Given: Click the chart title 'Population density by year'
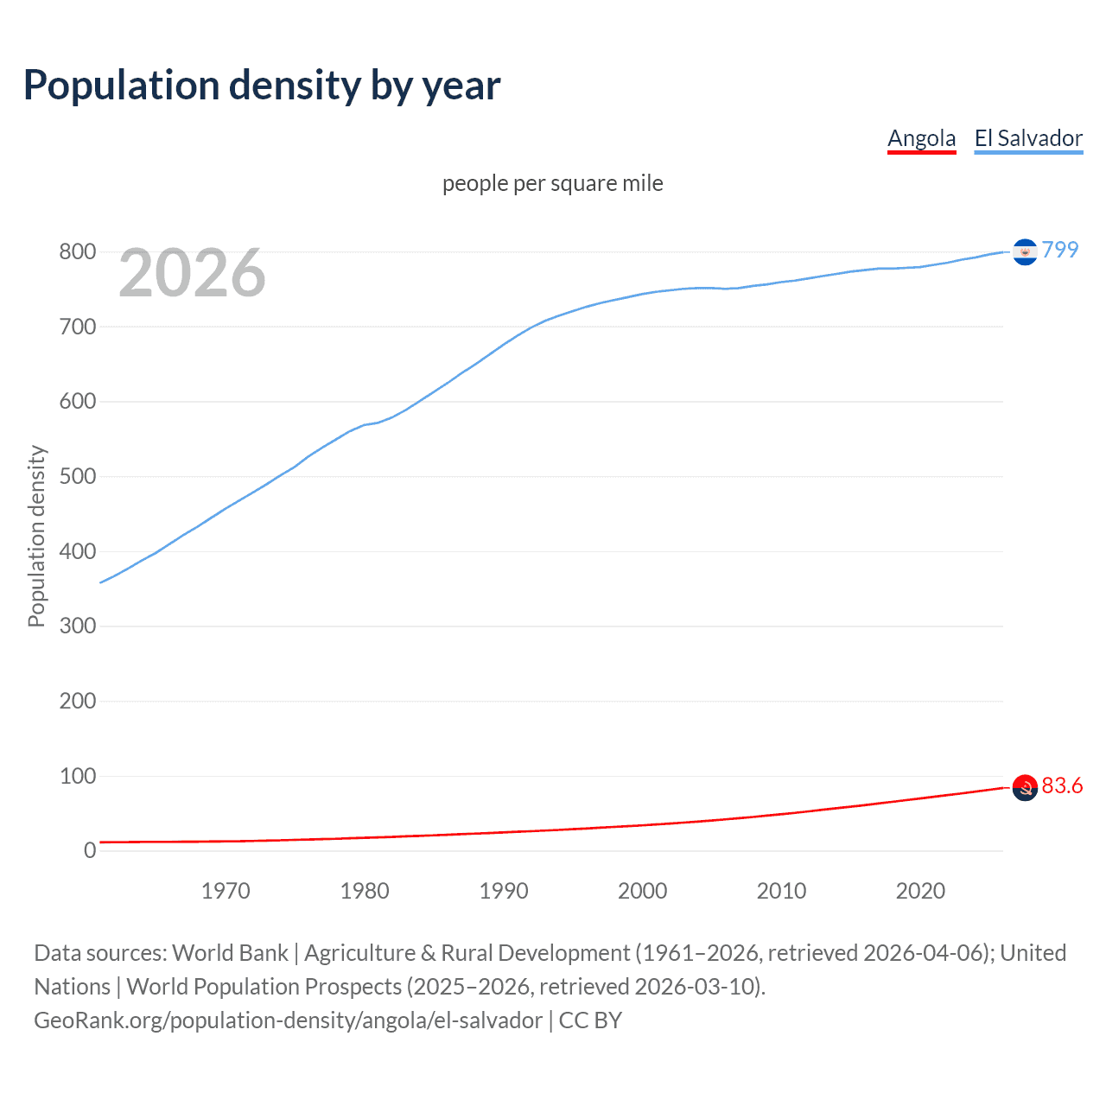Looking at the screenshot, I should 262,86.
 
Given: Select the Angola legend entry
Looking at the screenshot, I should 921,138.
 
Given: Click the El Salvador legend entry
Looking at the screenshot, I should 1028,138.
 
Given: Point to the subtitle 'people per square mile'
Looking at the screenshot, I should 553,183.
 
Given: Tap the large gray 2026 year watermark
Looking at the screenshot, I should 192,273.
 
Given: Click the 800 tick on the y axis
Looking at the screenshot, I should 77,252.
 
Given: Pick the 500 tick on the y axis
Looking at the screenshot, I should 77,477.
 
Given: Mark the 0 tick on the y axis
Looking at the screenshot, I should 89,851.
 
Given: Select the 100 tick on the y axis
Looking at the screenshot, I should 77,776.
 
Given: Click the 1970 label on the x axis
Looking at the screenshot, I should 226,891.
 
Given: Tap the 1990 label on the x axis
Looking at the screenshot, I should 504,891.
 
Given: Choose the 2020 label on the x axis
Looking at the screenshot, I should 920,891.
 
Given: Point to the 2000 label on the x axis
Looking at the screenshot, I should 643,891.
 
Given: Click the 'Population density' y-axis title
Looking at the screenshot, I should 36,536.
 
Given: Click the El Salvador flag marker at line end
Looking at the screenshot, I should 1025,251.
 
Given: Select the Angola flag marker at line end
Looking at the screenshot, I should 1025,787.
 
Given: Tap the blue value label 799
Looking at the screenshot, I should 1060,250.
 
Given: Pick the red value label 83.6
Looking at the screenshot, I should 1062,785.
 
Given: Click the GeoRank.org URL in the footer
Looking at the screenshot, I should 288,1020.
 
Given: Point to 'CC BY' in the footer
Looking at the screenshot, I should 590,1020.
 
